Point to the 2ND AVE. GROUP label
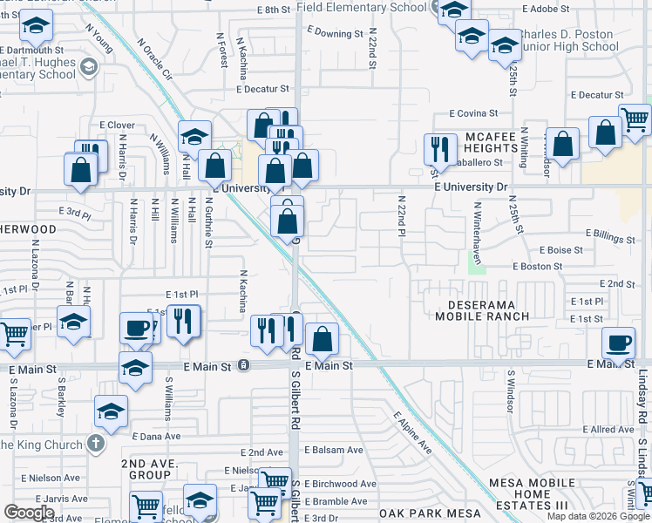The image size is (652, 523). point(146,469)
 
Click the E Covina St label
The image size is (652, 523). point(473,113)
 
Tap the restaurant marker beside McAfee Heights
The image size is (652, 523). point(440,148)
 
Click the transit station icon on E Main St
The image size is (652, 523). point(244,365)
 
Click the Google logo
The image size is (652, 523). point(28,513)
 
